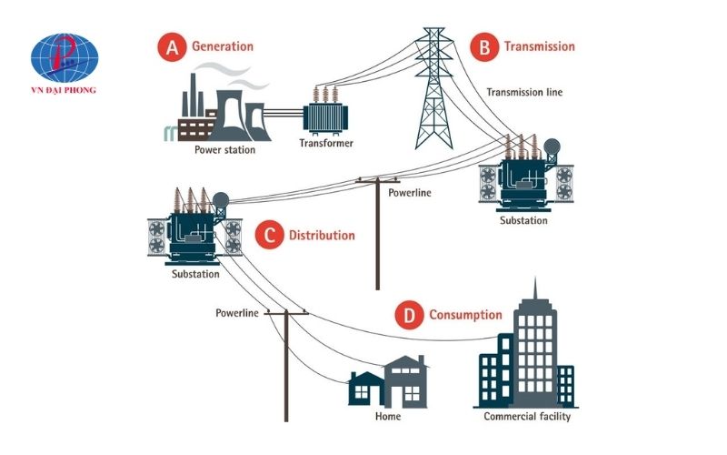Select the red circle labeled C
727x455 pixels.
point(267,236)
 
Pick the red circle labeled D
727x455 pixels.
point(409,316)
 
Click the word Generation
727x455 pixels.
point(222,46)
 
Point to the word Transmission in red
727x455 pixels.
point(539,46)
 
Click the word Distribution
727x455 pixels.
point(322,236)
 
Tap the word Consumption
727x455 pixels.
point(465,316)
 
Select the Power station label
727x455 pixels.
point(224,150)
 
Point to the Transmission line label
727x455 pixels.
point(524,92)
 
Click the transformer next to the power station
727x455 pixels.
point(327,111)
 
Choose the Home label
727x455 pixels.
point(388,418)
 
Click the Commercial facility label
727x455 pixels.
point(526,418)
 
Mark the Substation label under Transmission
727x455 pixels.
point(524,220)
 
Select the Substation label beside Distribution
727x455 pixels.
point(195,274)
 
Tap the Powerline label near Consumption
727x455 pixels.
point(237,313)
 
